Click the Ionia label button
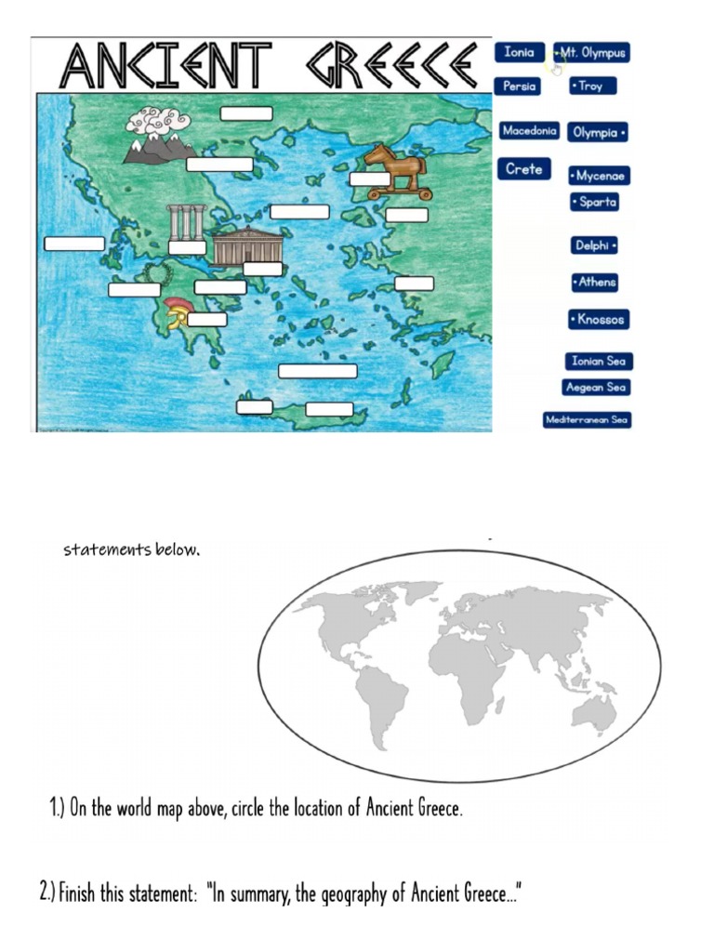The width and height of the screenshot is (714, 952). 519,53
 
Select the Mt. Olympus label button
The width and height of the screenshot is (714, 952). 592,53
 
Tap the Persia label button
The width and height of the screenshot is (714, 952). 519,86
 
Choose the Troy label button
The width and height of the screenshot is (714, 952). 592,86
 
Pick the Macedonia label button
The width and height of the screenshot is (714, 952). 529,131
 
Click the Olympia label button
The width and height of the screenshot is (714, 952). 598,133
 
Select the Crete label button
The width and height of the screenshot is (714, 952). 523,170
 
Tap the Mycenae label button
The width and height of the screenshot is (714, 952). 599,176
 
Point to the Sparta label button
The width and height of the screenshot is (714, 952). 594,203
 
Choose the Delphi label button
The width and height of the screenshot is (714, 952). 595,245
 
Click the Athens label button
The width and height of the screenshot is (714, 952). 595,282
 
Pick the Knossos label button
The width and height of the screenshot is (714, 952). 599,320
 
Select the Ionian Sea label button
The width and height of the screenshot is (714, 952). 600,361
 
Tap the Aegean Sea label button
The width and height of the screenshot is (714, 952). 596,387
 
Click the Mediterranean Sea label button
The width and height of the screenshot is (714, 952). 588,420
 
